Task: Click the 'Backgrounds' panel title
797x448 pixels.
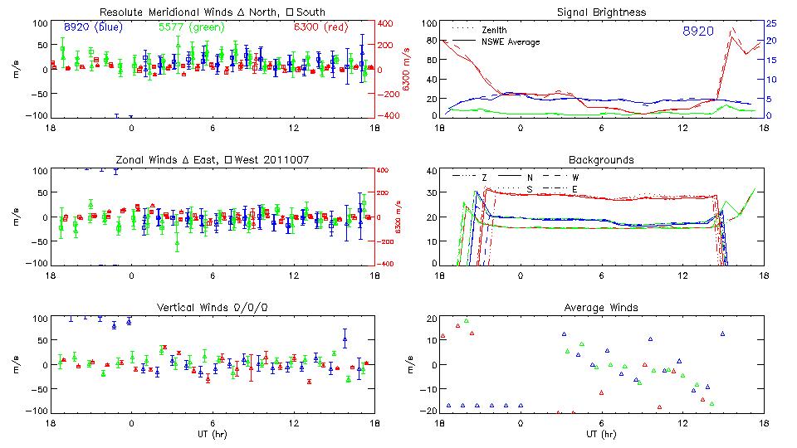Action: (601, 159)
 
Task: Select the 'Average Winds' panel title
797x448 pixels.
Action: (602, 308)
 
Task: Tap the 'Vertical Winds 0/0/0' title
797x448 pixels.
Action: (213, 308)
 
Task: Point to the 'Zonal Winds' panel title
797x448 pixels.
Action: (213, 159)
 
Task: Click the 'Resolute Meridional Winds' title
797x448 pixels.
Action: (213, 12)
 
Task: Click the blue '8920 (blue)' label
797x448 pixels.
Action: (93, 27)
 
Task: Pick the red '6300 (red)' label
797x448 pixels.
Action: (320, 27)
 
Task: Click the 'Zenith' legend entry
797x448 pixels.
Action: (495, 30)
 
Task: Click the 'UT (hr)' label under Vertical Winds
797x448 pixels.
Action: (213, 434)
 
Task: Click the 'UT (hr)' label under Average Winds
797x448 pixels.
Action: (601, 434)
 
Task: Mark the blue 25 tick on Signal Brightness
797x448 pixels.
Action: (771, 23)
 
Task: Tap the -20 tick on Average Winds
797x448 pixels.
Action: (426, 411)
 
